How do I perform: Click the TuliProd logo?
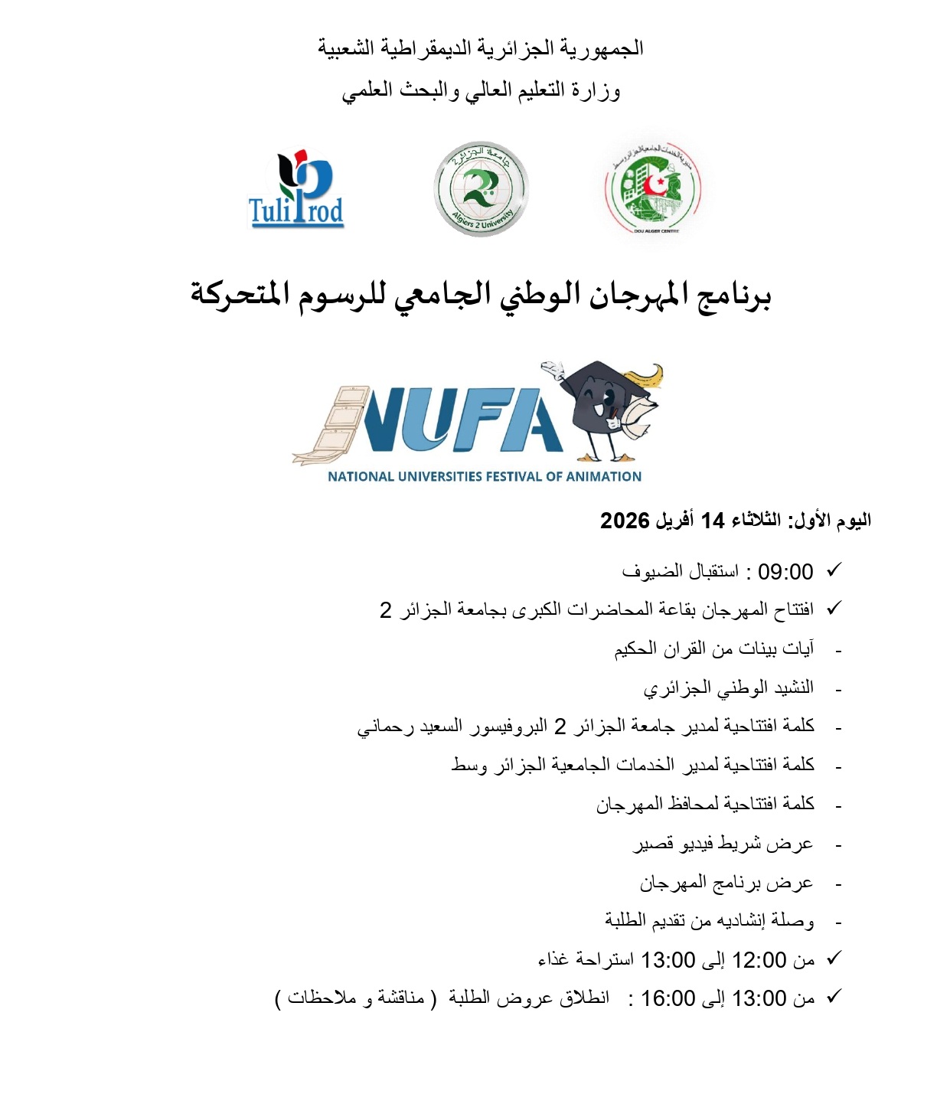click(x=296, y=190)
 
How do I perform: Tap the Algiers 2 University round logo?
click(x=481, y=189)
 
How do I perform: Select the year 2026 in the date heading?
click(x=625, y=521)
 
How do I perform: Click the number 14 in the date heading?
click(x=713, y=521)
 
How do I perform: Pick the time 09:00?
click(x=785, y=572)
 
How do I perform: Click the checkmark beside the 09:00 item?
click(x=834, y=570)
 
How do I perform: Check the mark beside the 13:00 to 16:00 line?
click(x=834, y=997)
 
